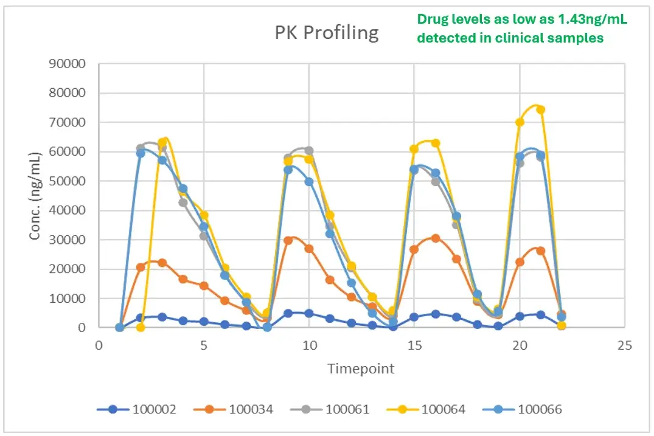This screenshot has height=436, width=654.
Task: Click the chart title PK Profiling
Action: tap(326, 33)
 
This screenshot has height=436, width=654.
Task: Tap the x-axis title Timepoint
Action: tap(361, 369)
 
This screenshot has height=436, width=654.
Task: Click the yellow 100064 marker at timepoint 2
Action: tap(141, 327)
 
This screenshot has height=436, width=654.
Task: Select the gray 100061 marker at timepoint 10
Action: tap(309, 150)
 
